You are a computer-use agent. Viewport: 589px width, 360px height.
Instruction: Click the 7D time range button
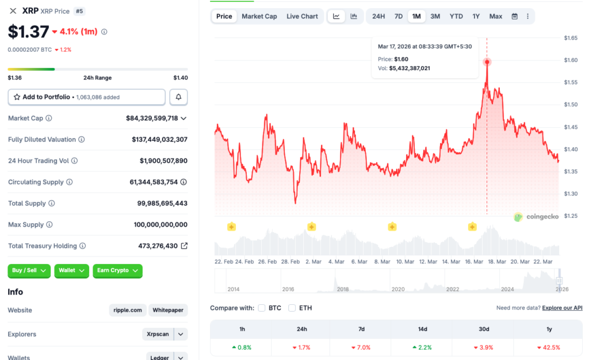(x=398, y=16)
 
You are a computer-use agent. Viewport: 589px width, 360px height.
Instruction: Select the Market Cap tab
(x=259, y=16)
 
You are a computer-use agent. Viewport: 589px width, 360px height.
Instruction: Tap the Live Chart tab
(x=302, y=16)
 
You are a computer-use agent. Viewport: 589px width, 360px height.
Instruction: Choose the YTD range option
(x=456, y=16)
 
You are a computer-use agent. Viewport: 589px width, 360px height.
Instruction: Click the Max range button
(x=496, y=16)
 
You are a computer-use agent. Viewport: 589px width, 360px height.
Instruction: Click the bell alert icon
(x=178, y=97)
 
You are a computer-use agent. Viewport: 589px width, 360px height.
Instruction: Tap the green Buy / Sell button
(x=29, y=270)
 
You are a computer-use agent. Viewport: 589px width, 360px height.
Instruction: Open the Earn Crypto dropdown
(x=117, y=270)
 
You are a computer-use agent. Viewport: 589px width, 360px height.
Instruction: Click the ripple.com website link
(x=127, y=310)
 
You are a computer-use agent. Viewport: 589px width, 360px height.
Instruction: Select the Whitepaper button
(x=168, y=310)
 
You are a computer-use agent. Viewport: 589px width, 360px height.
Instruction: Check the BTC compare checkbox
(x=262, y=308)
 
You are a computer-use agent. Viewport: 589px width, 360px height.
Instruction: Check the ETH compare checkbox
(x=292, y=308)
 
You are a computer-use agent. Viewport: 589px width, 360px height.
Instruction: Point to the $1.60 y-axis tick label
(x=571, y=60)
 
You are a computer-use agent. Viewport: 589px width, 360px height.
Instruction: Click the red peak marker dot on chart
(x=487, y=62)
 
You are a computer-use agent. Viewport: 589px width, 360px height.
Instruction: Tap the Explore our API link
(x=562, y=308)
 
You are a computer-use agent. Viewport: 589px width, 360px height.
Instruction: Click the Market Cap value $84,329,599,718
(x=152, y=118)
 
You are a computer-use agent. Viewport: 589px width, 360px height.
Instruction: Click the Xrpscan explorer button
(x=158, y=334)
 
